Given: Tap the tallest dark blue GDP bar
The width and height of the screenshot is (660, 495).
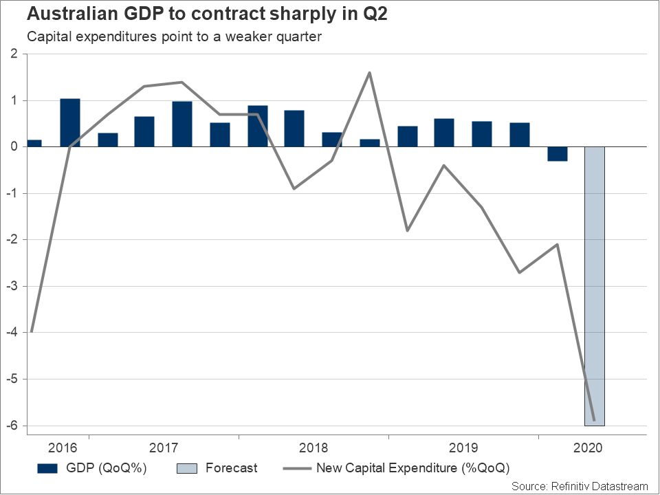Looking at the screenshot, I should (70, 122).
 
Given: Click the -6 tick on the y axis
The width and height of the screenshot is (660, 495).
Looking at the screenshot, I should (12, 426).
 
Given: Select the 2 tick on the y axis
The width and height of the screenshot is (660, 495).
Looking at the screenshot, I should (14, 54).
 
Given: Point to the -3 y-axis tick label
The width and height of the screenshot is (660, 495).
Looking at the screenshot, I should (12, 286).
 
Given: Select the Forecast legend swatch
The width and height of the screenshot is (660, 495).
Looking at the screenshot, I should (187, 469).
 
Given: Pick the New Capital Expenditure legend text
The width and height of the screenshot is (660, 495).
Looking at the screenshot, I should (412, 469).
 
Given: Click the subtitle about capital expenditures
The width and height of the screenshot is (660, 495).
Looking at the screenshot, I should (174, 36).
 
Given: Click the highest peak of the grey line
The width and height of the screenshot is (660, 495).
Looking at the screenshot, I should (370, 72).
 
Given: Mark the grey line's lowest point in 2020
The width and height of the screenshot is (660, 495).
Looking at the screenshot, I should (594, 420).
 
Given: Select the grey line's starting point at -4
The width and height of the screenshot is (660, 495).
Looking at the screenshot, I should (32, 332).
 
